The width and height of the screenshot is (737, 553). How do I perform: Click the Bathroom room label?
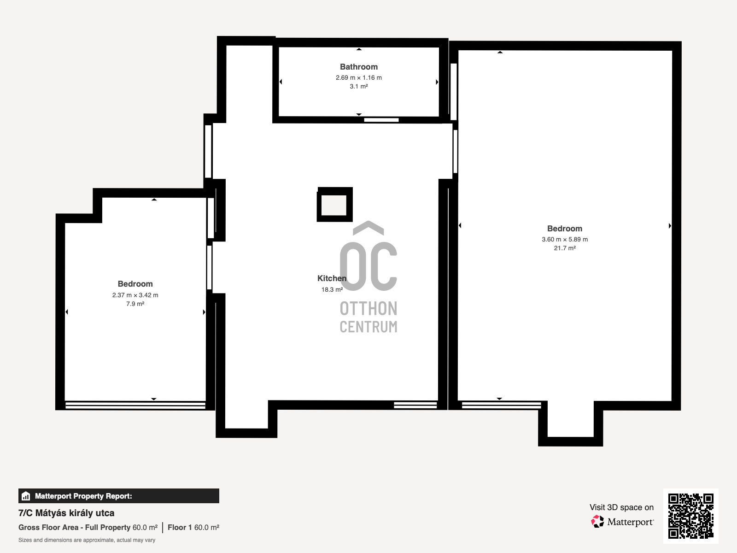[358, 67]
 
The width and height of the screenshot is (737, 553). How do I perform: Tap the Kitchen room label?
[332, 278]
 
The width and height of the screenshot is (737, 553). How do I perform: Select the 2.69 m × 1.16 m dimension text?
[358, 77]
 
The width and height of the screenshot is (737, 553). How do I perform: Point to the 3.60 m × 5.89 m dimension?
[565, 239]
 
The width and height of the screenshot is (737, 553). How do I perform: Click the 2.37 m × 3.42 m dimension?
[135, 295]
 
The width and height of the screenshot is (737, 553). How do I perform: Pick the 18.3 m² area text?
[332, 289]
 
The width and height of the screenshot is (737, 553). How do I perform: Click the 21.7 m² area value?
[565, 248]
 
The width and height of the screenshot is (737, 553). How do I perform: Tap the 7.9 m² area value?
[135, 304]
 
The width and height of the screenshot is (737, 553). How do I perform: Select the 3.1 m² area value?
[358, 86]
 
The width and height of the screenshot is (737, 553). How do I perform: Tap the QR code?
[690, 516]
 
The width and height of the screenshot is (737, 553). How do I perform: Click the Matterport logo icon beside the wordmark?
[597, 522]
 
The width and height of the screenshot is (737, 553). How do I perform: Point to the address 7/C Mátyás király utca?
[66, 513]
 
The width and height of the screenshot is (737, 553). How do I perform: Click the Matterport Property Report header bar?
[118, 496]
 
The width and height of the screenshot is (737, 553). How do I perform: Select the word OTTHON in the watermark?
[368, 309]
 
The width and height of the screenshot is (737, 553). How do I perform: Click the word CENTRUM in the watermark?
[368, 327]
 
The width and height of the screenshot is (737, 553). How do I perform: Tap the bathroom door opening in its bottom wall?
[381, 120]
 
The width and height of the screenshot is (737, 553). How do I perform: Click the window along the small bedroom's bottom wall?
[135, 405]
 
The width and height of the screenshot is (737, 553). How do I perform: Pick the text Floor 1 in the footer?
[180, 528]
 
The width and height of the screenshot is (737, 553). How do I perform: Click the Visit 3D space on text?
[621, 507]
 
